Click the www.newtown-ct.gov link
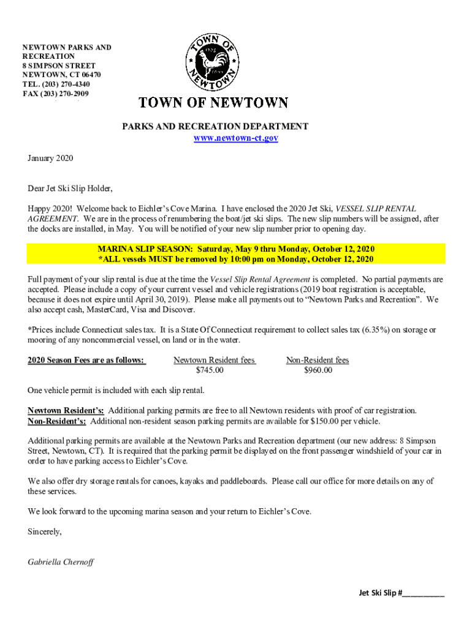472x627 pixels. tap(236, 138)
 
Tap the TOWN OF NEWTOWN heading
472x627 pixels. tap(213, 103)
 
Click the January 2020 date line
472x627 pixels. tap(50, 159)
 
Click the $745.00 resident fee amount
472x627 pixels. tap(210, 370)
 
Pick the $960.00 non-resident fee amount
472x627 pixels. tap(318, 370)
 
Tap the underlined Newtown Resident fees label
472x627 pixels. tap(214, 360)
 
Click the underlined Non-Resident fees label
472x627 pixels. tap(318, 360)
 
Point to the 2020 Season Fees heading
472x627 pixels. tap(86, 360)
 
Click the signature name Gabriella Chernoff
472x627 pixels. tap(61, 561)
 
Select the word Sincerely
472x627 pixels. tap(45, 531)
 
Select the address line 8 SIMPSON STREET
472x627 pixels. tap(59, 66)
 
